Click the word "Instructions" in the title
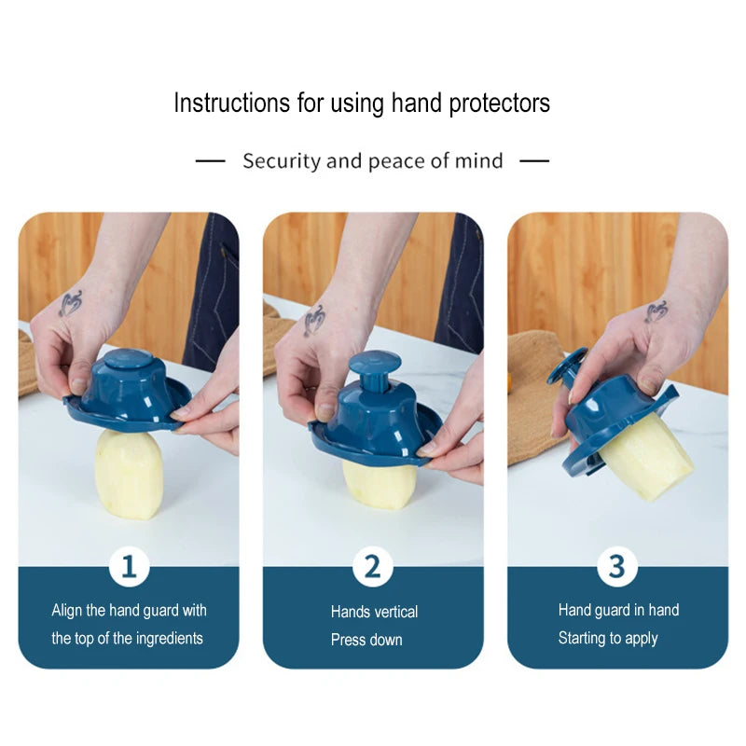(x=231, y=103)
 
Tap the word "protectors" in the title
(x=500, y=104)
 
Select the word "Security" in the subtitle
(x=282, y=161)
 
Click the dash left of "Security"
(x=211, y=161)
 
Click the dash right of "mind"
(x=534, y=161)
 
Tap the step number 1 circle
(x=129, y=567)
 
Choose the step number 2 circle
(x=373, y=567)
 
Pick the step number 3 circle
(x=617, y=567)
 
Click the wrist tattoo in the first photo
(x=71, y=304)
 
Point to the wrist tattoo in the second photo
(x=314, y=320)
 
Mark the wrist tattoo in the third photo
(x=656, y=311)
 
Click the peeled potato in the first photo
(x=129, y=474)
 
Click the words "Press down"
(x=366, y=640)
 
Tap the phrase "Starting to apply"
(x=608, y=639)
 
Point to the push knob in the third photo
(x=567, y=366)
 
